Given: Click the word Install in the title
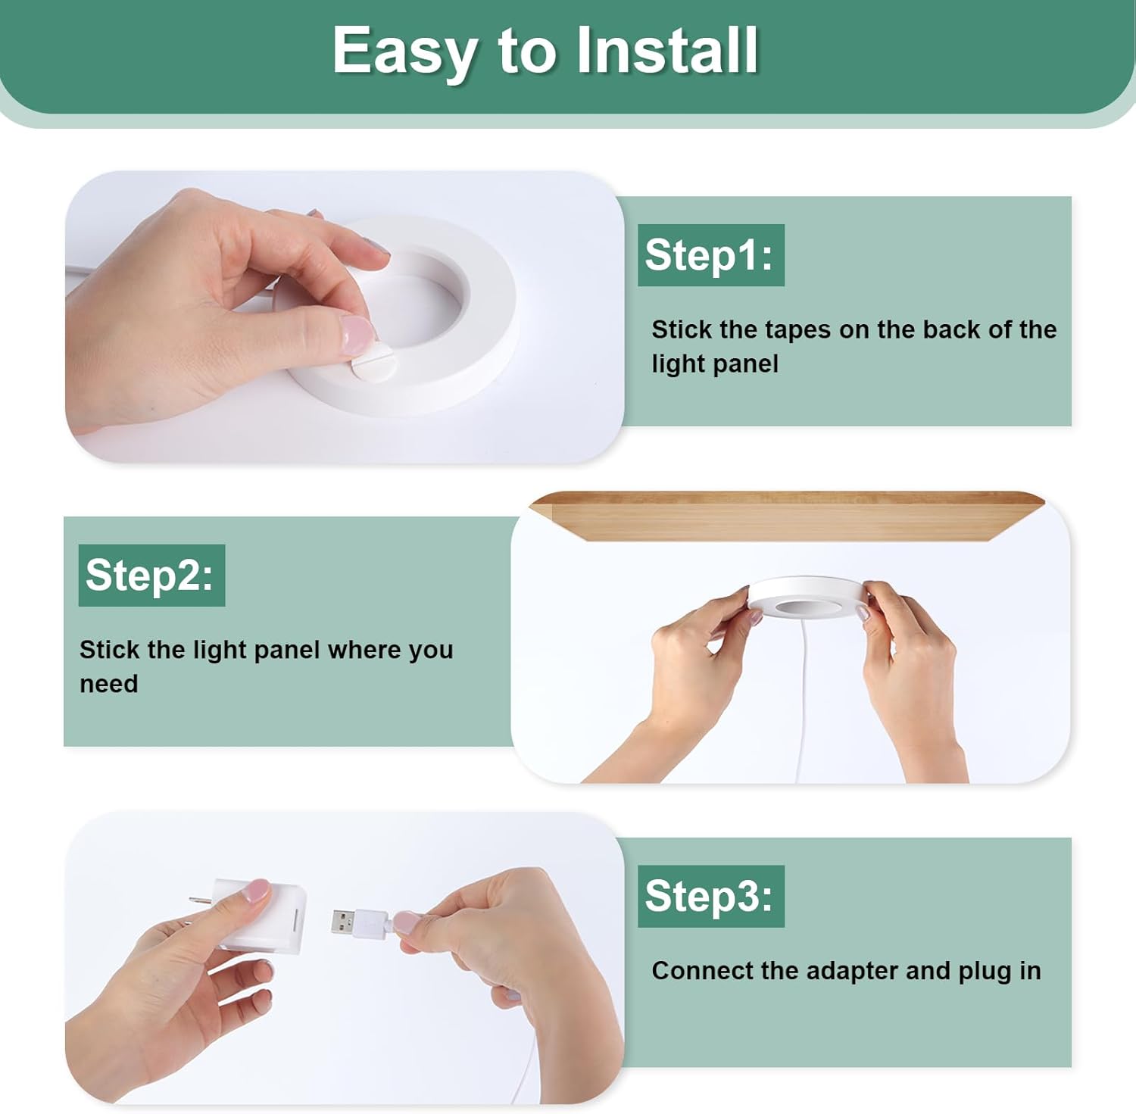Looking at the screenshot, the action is pyautogui.click(x=667, y=50).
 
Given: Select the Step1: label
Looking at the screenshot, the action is pyautogui.click(x=710, y=255).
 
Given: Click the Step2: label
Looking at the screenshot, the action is pyautogui.click(x=151, y=575).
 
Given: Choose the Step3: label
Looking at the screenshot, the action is pyautogui.click(x=710, y=896).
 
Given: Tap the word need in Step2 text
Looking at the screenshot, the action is pyautogui.click(x=109, y=684).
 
